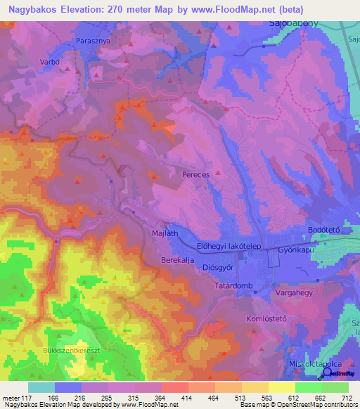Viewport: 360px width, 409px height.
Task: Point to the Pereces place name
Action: [x=196, y=172]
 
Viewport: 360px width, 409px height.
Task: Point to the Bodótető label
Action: [x=324, y=231]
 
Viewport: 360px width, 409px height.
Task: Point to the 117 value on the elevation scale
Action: [x=24, y=397]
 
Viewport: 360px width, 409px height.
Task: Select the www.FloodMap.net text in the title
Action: [x=233, y=8]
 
